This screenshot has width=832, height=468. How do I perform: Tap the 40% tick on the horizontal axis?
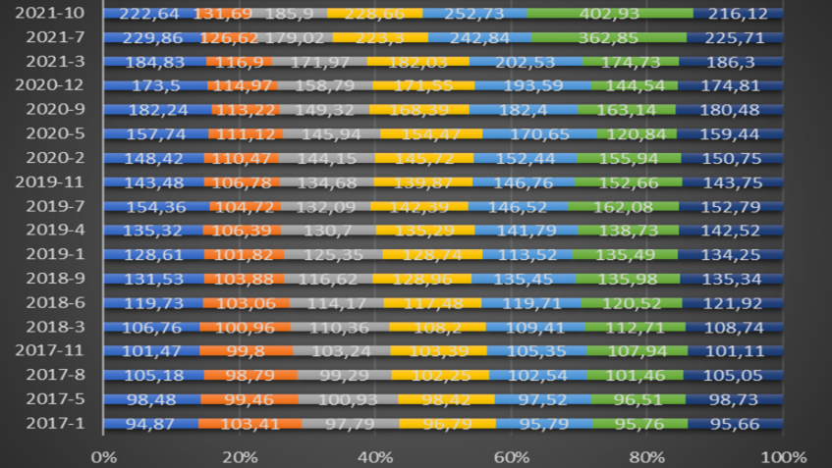click(375, 456)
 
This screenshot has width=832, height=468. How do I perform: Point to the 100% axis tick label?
click(783, 456)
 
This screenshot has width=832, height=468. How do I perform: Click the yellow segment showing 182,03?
click(417, 61)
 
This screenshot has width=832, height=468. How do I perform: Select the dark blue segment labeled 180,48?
click(732, 109)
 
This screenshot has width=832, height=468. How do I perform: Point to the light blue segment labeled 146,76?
click(523, 182)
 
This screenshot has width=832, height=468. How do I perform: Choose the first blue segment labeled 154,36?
click(155, 206)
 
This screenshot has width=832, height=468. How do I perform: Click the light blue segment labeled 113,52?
click(523, 254)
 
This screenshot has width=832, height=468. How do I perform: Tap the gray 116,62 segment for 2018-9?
click(328, 279)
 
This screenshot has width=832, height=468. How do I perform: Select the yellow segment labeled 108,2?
click(437, 327)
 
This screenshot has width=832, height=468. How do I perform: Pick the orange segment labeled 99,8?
click(246, 350)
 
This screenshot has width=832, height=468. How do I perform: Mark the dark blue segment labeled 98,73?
click(733, 398)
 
